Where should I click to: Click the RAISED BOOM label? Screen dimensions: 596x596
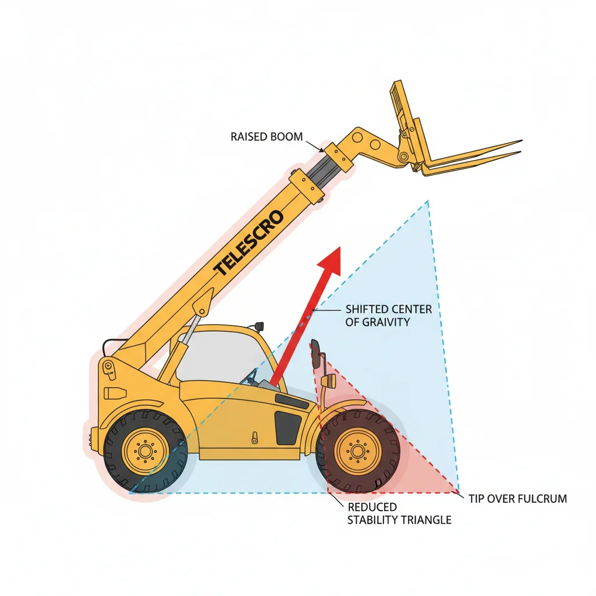click(267, 137)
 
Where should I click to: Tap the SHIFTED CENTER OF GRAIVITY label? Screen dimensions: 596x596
click(388, 315)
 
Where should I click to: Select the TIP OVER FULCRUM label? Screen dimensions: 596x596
click(517, 499)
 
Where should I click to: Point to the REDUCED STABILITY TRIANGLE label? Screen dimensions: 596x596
click(399, 513)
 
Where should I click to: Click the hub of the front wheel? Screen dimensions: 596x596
click(357, 451)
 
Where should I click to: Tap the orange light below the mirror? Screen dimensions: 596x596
click(331, 381)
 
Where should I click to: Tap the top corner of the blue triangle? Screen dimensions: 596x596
click(428, 201)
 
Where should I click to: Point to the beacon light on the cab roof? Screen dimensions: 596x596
click(257, 324)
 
